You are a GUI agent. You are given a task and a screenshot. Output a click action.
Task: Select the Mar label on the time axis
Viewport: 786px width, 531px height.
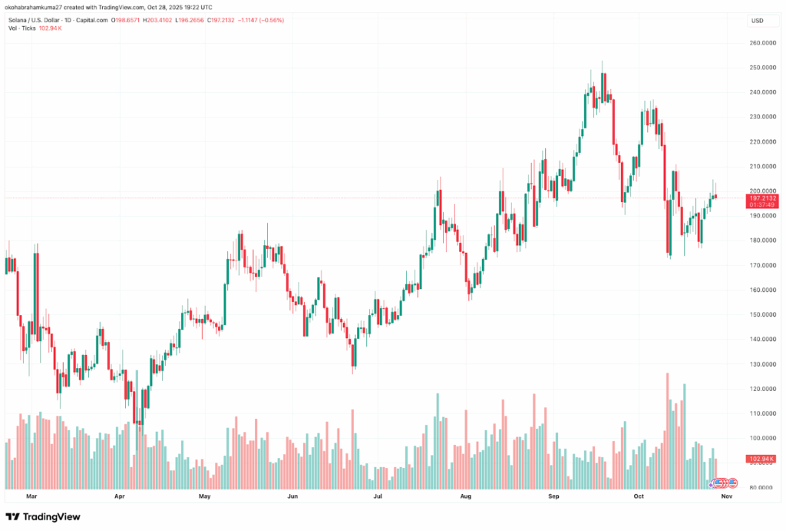tap(31, 497)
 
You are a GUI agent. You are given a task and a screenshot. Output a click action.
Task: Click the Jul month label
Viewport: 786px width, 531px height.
tap(378, 497)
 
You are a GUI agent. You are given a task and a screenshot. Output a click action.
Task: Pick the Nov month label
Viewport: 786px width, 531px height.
tap(725, 497)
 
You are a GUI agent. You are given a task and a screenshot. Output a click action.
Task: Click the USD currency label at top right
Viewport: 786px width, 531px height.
tap(758, 20)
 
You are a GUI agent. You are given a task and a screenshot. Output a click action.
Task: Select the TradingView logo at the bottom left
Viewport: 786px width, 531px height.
tap(43, 516)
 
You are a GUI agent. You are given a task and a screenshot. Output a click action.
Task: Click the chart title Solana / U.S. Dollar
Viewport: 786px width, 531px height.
tap(38, 20)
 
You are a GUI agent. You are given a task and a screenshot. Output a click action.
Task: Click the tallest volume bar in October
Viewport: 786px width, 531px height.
tap(668, 430)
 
